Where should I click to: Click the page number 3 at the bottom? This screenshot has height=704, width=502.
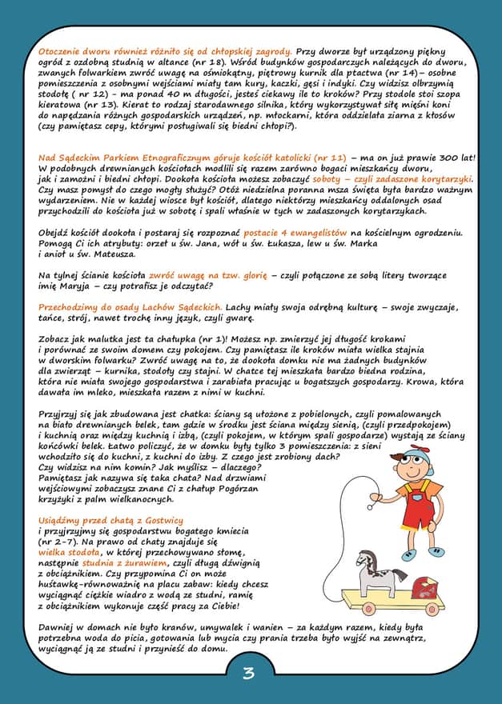click(x=248, y=673)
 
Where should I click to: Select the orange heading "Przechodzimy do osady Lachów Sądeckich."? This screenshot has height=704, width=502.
click(x=130, y=307)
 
